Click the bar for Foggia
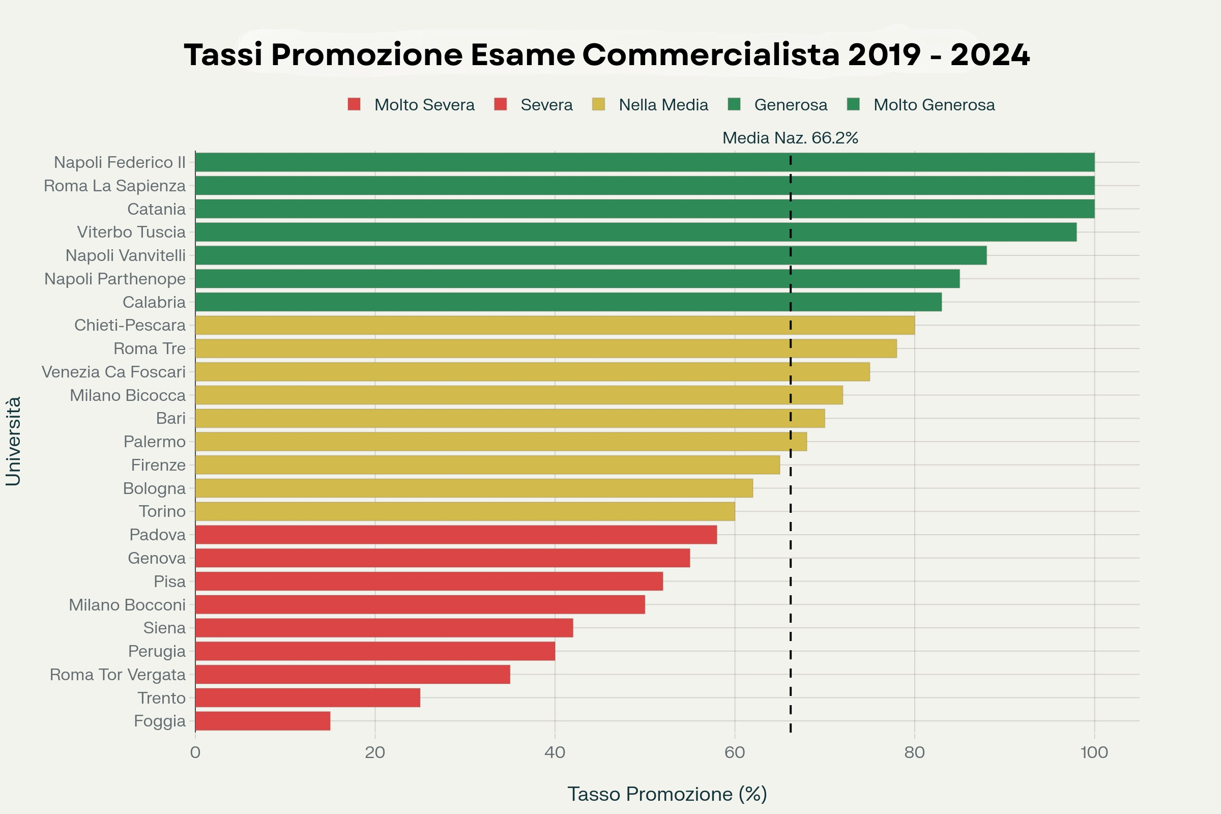tap(263, 720)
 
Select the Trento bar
tap(307, 697)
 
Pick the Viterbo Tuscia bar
tap(635, 232)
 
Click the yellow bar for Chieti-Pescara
tap(555, 325)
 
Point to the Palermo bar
tap(501, 441)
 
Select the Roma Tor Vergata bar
tap(353, 675)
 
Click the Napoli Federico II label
tap(120, 162)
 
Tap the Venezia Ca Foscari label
tap(113, 372)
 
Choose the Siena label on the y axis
tap(164, 628)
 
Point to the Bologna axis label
tap(154, 488)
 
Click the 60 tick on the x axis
tap(735, 752)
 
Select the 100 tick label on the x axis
tap(1094, 752)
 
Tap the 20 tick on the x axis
tap(375, 752)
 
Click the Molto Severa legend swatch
tap(354, 104)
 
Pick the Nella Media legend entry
tap(663, 105)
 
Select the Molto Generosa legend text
tap(934, 105)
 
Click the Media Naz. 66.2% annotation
tap(790, 138)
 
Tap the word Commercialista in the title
tap(711, 55)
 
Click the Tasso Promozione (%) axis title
tap(666, 794)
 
